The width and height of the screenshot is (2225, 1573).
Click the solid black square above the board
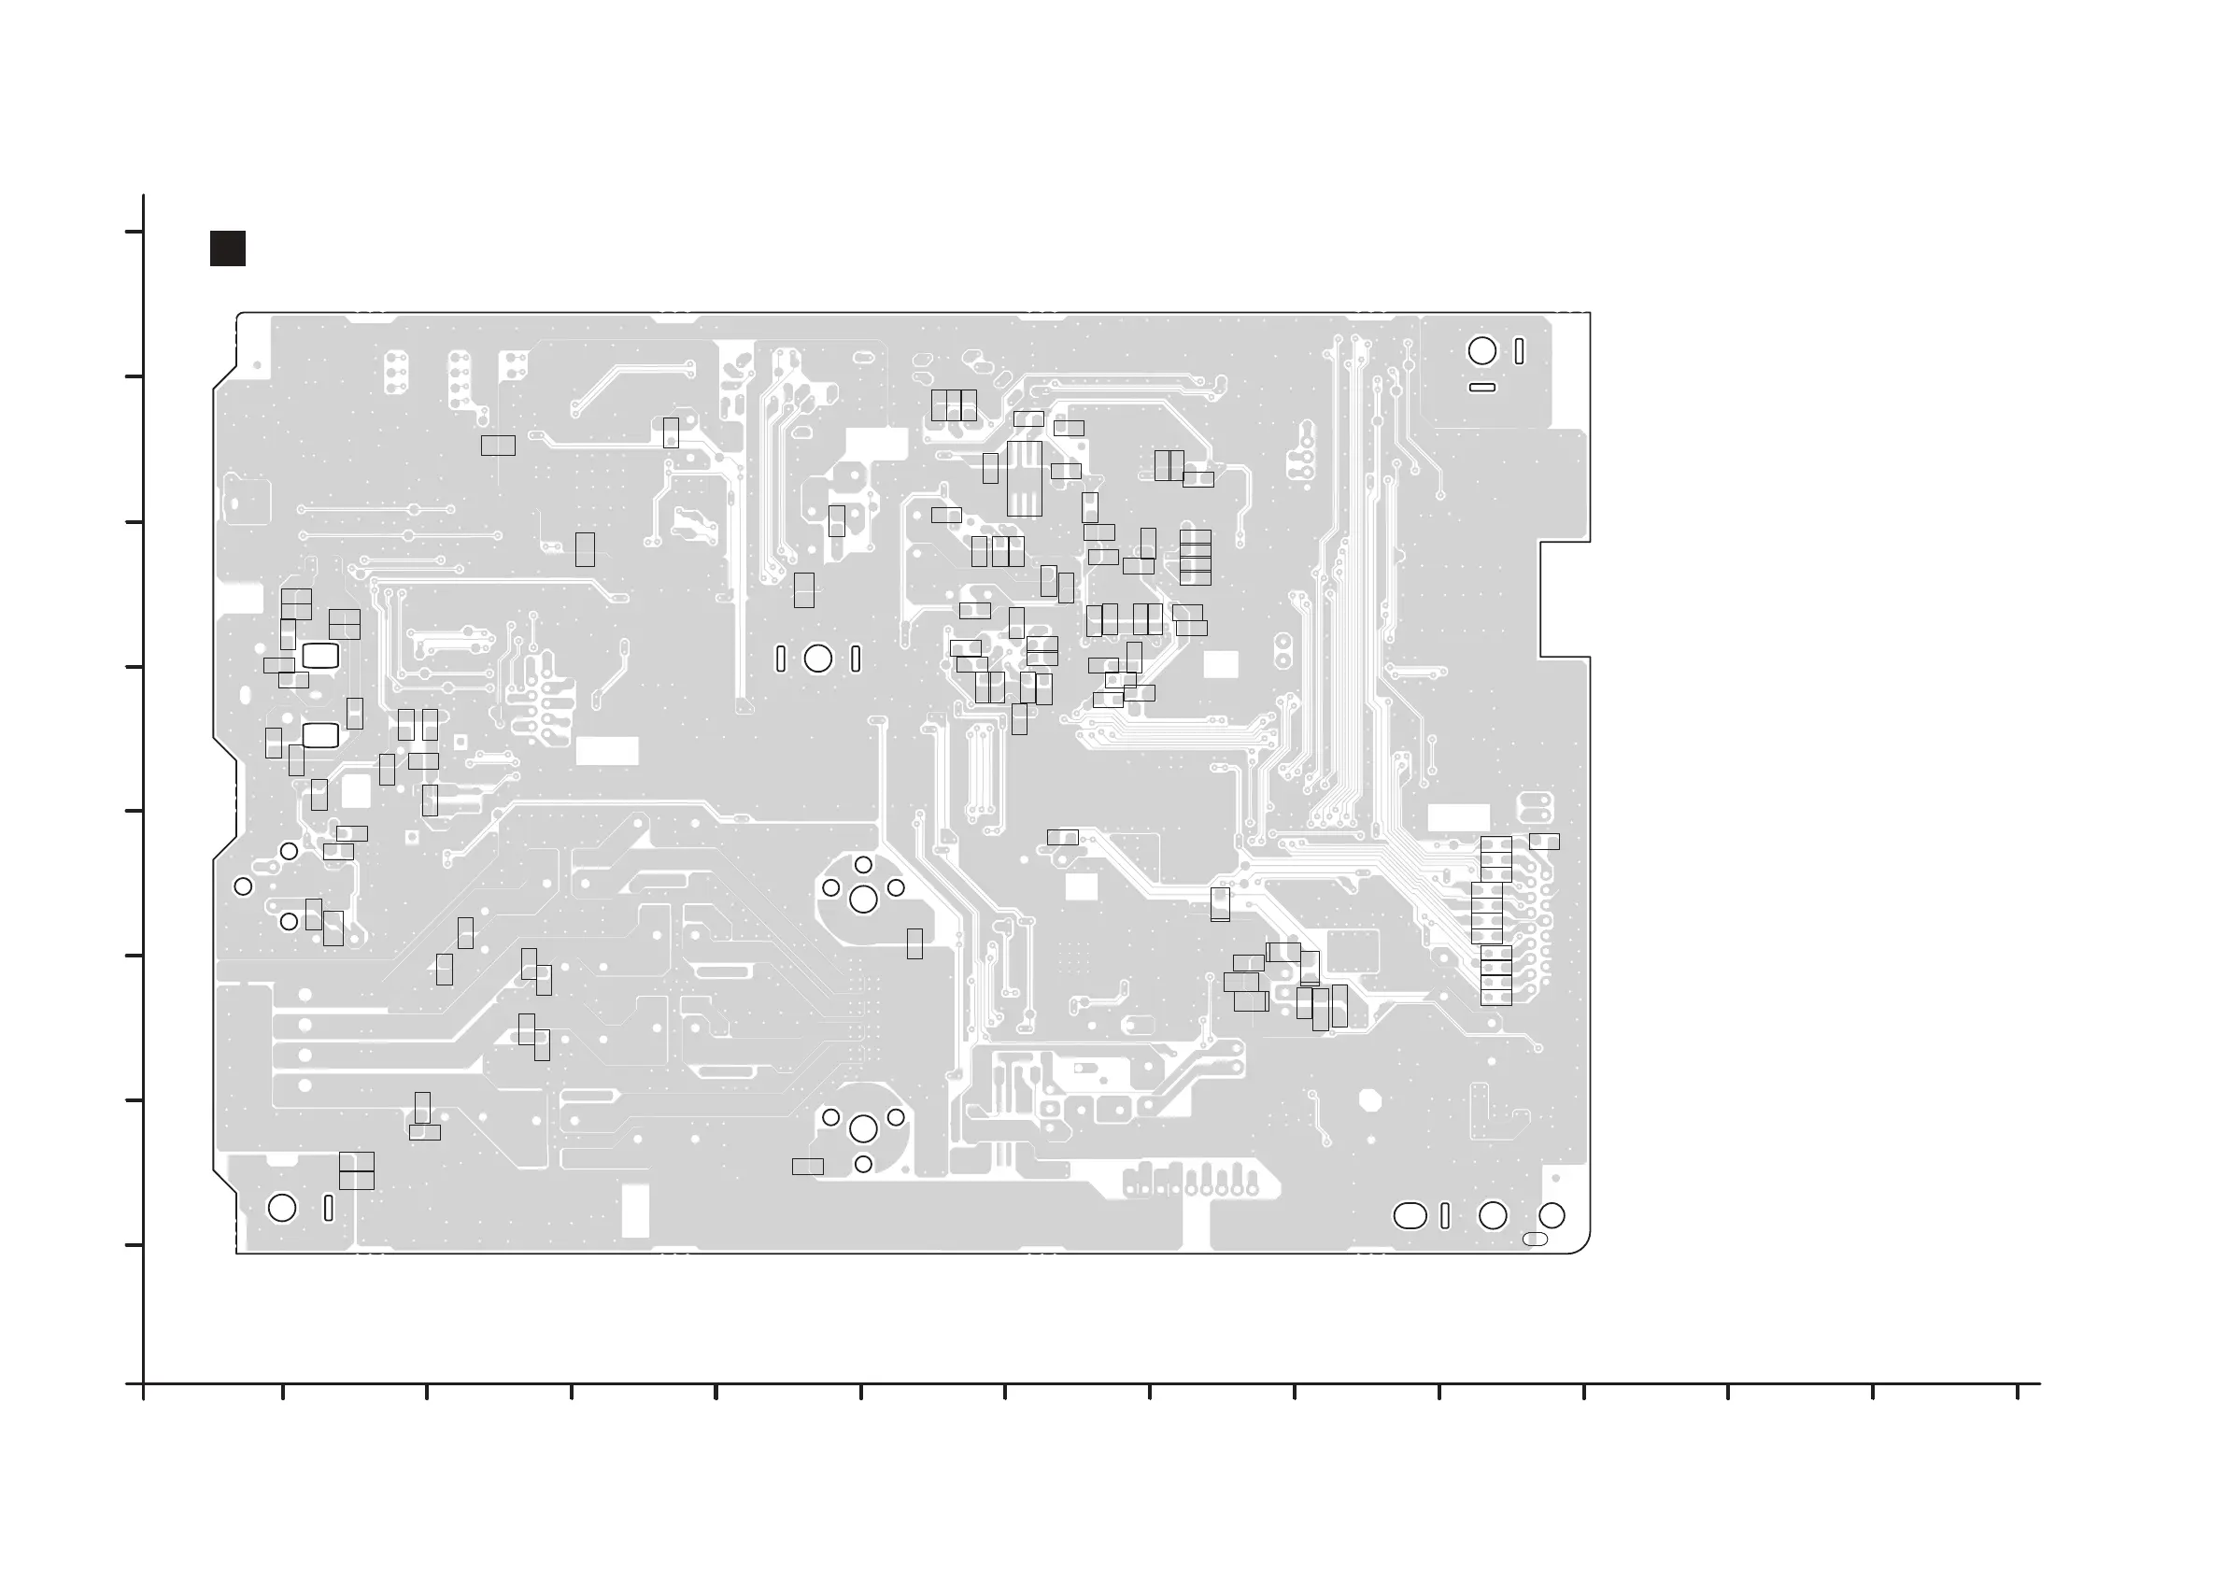click(x=228, y=248)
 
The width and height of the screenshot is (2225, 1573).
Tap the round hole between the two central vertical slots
click(x=818, y=659)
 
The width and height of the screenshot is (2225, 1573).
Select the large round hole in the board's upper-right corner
click(x=1481, y=351)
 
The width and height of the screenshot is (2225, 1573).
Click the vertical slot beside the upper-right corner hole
click(x=1519, y=351)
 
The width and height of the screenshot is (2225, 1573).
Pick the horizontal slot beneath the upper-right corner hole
click(x=1481, y=388)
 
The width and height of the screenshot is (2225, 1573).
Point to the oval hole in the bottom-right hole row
click(x=1410, y=1215)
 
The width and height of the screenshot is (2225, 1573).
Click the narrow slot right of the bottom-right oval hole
click(x=1445, y=1215)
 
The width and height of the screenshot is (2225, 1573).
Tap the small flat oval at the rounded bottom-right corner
click(x=1535, y=1240)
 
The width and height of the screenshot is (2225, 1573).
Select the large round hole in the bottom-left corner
click(x=282, y=1208)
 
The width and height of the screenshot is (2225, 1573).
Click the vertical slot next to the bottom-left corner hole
click(x=329, y=1209)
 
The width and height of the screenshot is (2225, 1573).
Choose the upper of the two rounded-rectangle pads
click(x=320, y=656)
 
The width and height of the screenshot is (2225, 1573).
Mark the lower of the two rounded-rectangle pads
click(x=320, y=736)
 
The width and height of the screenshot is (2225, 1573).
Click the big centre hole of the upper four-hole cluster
click(x=863, y=900)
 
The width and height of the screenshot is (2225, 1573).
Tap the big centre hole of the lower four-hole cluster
click(x=863, y=1128)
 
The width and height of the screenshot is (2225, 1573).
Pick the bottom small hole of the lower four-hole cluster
click(x=863, y=1164)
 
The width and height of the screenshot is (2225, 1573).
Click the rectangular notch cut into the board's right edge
click(x=1565, y=599)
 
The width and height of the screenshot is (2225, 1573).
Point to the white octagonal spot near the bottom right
click(x=1369, y=1101)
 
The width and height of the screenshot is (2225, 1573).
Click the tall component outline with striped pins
click(x=1025, y=479)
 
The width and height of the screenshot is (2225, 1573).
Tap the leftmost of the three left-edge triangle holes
click(x=243, y=886)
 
